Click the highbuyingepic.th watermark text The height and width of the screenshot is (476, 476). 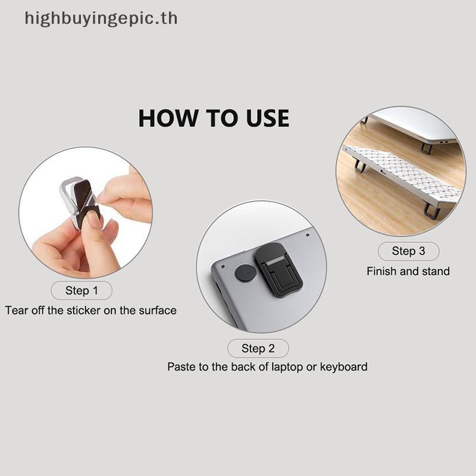pyautogui.click(x=101, y=18)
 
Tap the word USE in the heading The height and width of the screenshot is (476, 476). pyautogui.click(x=267, y=118)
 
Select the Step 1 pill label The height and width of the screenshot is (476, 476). pyautogui.click(x=82, y=290)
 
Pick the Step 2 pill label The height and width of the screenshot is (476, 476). pyautogui.click(x=258, y=348)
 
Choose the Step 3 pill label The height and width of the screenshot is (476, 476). pyautogui.click(x=408, y=251)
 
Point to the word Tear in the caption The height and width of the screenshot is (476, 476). pyautogui.click(x=17, y=310)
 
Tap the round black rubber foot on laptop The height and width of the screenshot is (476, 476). pyautogui.click(x=245, y=273)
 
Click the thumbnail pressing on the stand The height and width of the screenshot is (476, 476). pyautogui.click(x=93, y=218)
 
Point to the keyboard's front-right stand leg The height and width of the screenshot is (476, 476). pyautogui.click(x=431, y=211)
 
